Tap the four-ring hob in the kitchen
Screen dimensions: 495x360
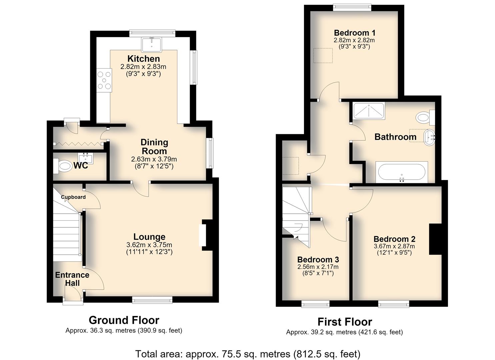pyautogui.click(x=104, y=80)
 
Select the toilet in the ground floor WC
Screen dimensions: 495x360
pyautogui.click(x=62, y=166)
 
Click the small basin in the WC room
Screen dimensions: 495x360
pyautogui.click(x=86, y=158)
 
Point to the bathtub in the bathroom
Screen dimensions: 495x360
pyautogui.click(x=402, y=172)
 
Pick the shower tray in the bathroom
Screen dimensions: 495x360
pyautogui.click(x=369, y=111)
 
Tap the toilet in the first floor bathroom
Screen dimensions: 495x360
pyautogui.click(x=425, y=117)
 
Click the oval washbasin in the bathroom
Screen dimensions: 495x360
pyautogui.click(x=429, y=137)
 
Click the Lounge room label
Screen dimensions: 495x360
pyautogui.click(x=149, y=237)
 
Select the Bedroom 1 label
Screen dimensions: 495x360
pyautogui.click(x=354, y=33)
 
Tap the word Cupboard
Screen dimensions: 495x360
pyautogui.click(x=73, y=197)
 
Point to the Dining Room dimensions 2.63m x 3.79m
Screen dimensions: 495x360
pyautogui.click(x=154, y=159)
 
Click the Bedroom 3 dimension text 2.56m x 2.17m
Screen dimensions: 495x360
pyautogui.click(x=318, y=267)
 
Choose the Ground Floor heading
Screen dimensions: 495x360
pyautogui.click(x=124, y=320)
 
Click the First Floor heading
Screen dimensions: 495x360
pyautogui.click(x=345, y=322)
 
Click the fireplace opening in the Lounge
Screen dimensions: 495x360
pyautogui.click(x=202, y=235)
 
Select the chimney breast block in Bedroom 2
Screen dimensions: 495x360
pyautogui.click(x=435, y=239)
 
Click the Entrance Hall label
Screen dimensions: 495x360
pyautogui.click(x=72, y=279)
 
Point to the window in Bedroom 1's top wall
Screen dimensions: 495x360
pyautogui.click(x=352, y=8)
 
